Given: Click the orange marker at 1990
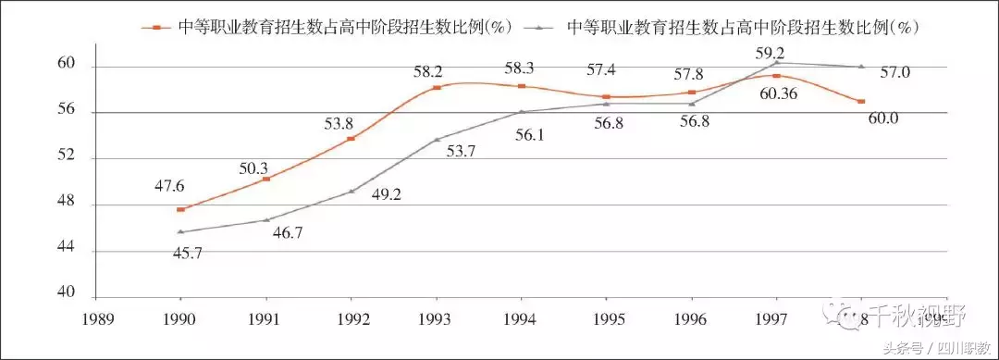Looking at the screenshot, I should [180, 209].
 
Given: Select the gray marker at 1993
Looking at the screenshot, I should [437, 140].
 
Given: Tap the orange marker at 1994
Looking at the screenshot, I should [522, 86].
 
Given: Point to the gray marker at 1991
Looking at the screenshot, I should [266, 219].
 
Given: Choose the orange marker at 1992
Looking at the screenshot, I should [351, 139].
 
